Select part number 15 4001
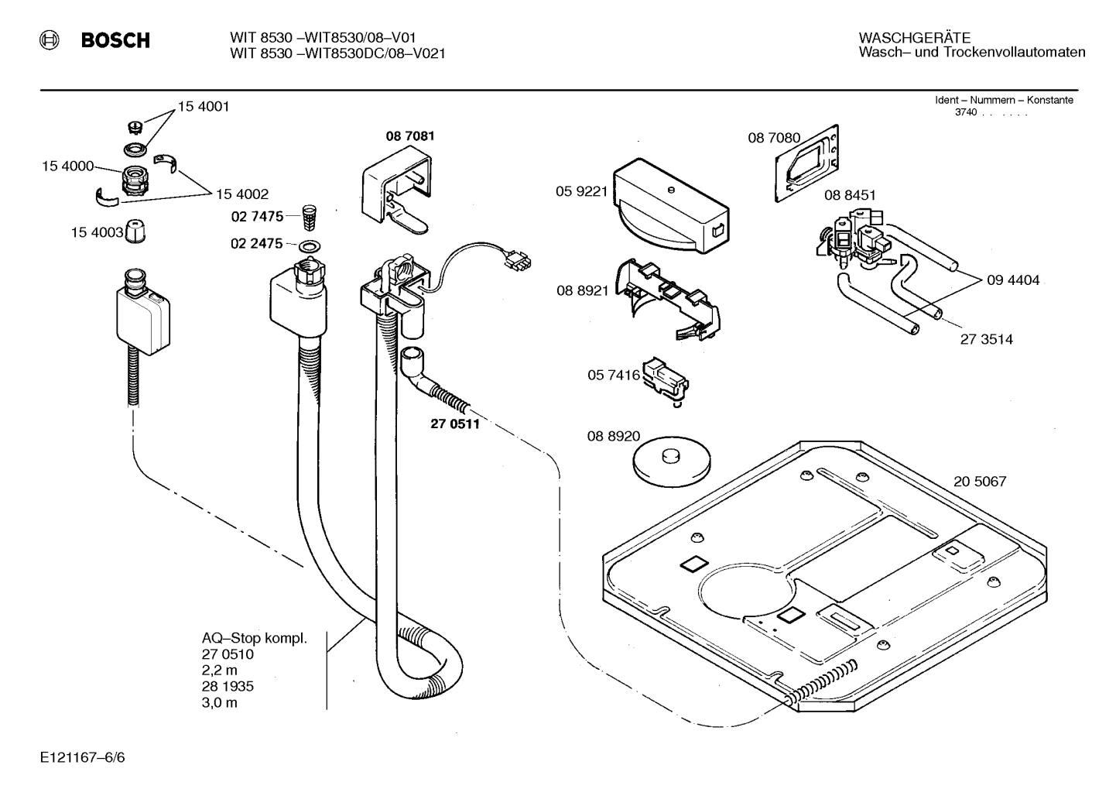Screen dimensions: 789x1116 [204, 107]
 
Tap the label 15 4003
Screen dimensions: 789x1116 [97, 232]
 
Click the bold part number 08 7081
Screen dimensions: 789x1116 [410, 136]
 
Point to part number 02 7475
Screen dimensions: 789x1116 [257, 216]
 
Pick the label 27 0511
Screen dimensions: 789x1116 [454, 424]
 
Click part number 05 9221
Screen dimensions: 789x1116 [581, 191]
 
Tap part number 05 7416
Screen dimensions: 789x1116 [614, 376]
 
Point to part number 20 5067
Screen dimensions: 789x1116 [979, 482]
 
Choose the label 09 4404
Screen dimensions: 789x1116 [1013, 280]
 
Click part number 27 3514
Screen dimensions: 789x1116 [986, 339]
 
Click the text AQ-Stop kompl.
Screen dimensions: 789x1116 [254, 639]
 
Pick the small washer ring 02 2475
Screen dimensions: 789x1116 [310, 246]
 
